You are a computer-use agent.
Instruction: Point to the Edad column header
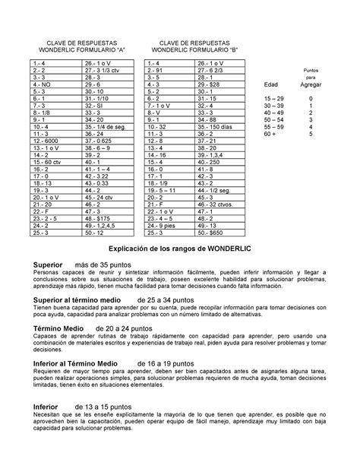270,85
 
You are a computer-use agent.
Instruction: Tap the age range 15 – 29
270,100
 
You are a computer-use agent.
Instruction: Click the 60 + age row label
270,134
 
